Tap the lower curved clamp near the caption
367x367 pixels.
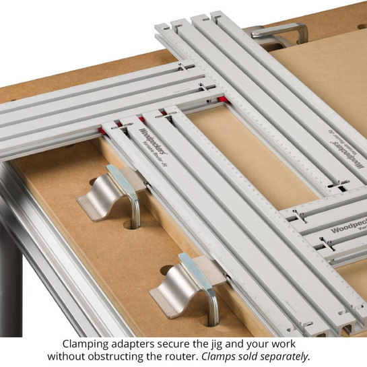click(x=182, y=284)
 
